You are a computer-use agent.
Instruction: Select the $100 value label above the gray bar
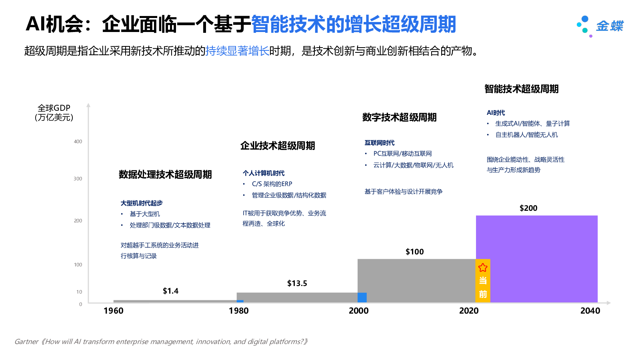click(x=414, y=252)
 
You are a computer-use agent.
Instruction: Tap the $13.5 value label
click(x=297, y=283)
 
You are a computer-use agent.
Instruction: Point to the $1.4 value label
click(x=170, y=291)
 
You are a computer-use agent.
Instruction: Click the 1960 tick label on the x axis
click(x=113, y=311)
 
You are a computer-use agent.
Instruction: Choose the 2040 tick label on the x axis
click(x=590, y=311)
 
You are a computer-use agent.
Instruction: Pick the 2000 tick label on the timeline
click(x=358, y=311)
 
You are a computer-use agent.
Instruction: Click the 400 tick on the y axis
click(x=78, y=142)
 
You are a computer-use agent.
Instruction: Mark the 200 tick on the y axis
click(x=78, y=221)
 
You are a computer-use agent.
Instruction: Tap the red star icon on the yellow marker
click(x=483, y=268)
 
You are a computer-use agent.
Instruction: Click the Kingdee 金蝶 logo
click(x=600, y=26)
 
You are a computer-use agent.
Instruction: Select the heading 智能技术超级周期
click(x=521, y=89)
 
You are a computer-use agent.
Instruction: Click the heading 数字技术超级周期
click(x=399, y=117)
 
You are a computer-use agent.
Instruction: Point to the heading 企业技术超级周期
click(x=278, y=146)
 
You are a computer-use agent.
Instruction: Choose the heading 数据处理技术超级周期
click(x=165, y=174)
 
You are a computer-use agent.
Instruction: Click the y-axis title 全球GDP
click(x=54, y=108)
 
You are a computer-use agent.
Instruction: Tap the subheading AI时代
click(x=496, y=113)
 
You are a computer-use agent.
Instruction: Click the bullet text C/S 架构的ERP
click(x=272, y=184)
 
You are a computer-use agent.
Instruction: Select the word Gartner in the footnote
click(x=26, y=342)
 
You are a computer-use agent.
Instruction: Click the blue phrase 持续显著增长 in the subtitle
click(x=237, y=51)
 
